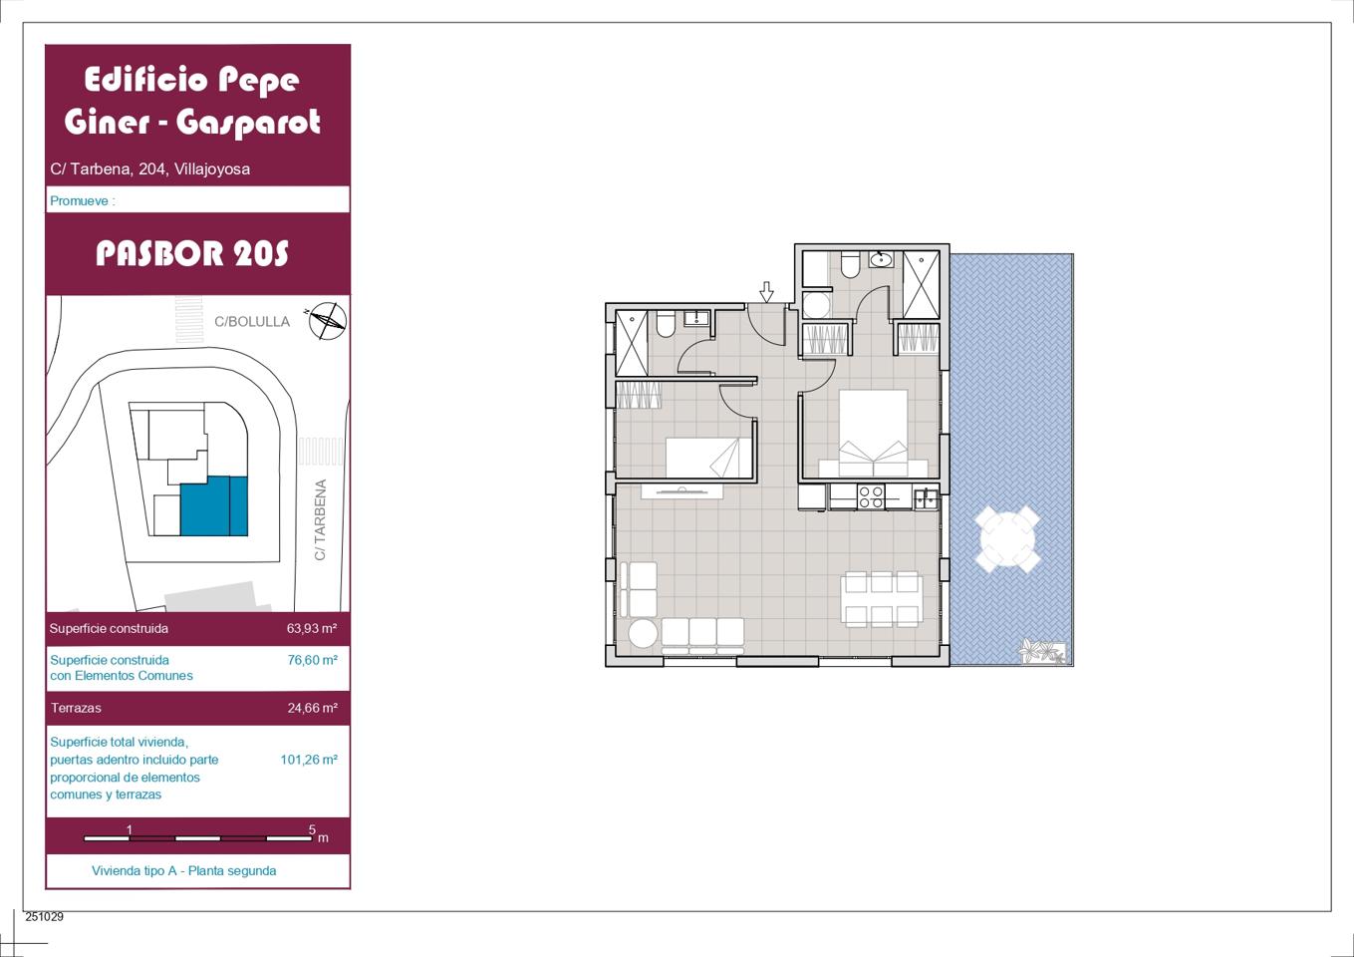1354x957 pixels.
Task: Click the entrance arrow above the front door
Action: [766, 291]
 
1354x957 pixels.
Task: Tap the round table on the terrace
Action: [1007, 539]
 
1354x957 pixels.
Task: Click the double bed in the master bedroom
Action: [873, 433]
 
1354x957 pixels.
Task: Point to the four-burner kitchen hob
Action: [871, 497]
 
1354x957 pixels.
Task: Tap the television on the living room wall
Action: [681, 491]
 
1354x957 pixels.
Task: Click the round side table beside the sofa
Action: [643, 634]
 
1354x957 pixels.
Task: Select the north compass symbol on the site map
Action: [327, 320]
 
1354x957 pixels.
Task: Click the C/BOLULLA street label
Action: [252, 322]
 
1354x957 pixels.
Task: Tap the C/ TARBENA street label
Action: [321, 519]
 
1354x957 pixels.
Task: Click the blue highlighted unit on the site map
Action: [214, 505]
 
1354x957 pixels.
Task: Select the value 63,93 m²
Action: [312, 628]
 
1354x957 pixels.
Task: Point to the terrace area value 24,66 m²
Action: [313, 708]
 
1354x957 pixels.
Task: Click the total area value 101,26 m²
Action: [309, 760]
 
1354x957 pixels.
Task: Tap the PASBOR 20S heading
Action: [192, 253]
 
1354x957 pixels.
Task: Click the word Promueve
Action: [79, 200]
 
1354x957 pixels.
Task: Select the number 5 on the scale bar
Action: [312, 829]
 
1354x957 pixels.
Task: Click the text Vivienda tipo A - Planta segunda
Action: [183, 870]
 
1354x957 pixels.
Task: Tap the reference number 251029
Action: [44, 916]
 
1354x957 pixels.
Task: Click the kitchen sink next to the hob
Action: [926, 497]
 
